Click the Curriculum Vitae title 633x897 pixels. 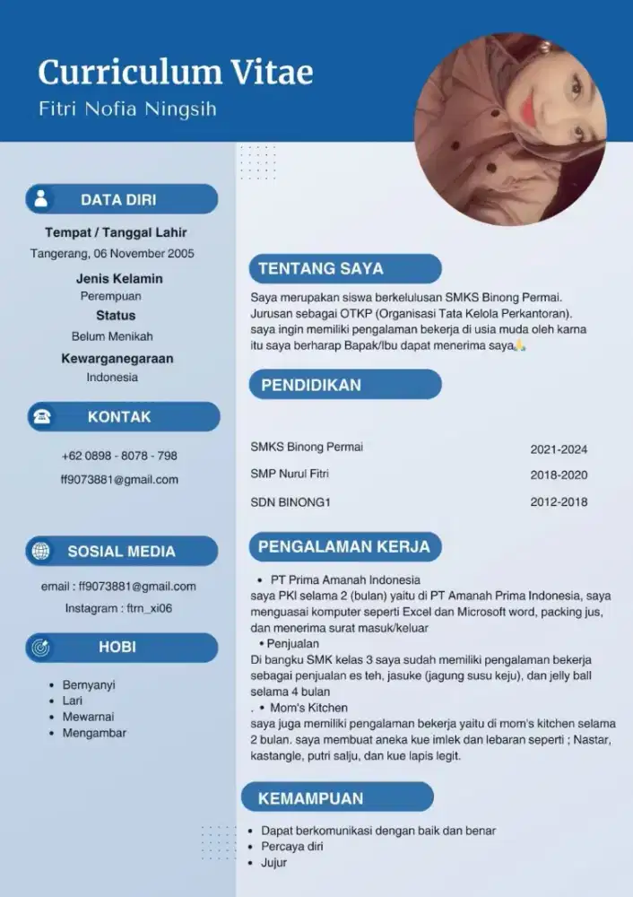(x=176, y=72)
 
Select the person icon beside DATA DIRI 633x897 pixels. (x=40, y=199)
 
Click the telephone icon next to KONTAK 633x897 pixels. (x=41, y=417)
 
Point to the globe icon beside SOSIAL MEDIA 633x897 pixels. (x=41, y=551)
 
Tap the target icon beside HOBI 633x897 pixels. (x=41, y=647)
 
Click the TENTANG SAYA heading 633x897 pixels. (x=321, y=268)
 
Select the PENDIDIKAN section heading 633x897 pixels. (x=311, y=385)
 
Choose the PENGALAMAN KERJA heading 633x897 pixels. (x=344, y=546)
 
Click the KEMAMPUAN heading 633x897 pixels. (x=311, y=798)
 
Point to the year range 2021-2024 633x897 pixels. (x=559, y=449)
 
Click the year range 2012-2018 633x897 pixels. (x=559, y=502)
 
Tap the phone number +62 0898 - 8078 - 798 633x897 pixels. (x=119, y=456)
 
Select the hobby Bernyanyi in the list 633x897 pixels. (x=89, y=684)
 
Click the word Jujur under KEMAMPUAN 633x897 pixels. (x=274, y=863)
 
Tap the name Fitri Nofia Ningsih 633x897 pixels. (x=127, y=109)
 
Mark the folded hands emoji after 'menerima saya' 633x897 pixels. (x=521, y=345)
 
